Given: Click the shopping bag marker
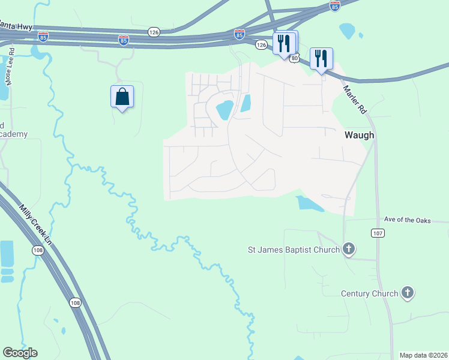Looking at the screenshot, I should pos(122,97).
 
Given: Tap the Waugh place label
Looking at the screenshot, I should pos(359,135).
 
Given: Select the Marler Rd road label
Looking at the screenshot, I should pos(354,99).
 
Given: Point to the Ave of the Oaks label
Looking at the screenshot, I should pos(408,220).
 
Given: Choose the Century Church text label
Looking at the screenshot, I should pos(369,293).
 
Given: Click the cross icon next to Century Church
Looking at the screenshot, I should pos(408,293).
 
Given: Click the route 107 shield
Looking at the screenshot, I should pos(378,233).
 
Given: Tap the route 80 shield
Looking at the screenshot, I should pos(294,58).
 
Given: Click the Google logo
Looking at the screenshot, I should pos(20,353).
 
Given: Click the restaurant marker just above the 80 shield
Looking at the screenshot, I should pos(285,43).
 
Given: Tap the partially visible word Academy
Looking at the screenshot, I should pos(13,134).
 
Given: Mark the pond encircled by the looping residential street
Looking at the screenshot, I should pos(224,110).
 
